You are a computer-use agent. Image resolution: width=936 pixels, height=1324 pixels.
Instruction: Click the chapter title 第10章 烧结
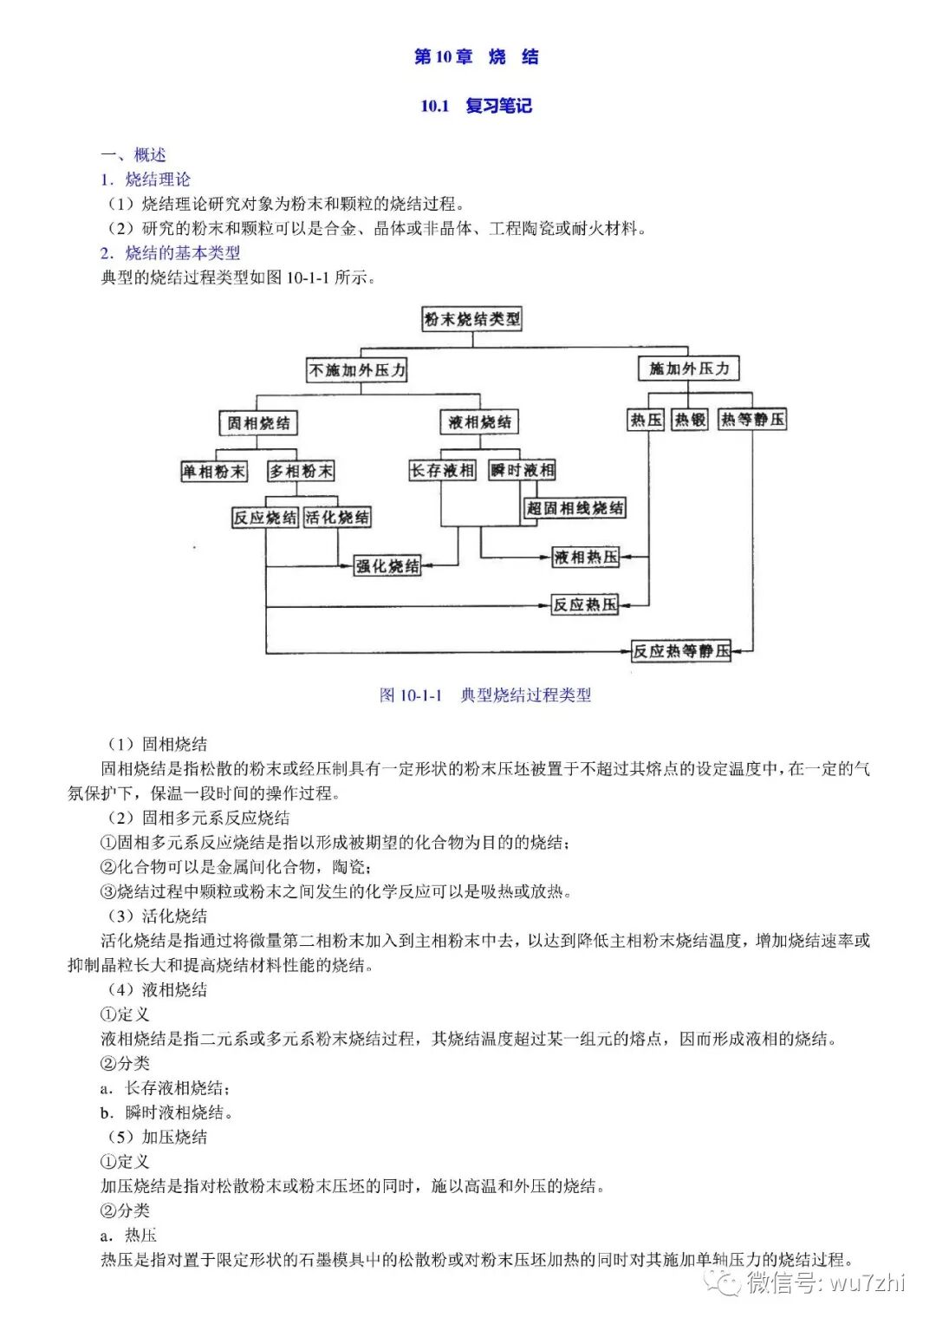point(476,57)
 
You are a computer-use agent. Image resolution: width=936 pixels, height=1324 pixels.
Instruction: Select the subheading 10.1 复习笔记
point(476,107)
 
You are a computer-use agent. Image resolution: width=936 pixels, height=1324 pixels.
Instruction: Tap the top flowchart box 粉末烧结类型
point(472,319)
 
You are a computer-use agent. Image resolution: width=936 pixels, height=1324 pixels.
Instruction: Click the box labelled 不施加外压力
point(357,370)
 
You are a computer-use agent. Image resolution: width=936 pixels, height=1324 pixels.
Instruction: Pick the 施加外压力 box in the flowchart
point(689,369)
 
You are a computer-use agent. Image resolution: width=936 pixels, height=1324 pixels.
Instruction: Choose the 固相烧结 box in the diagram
point(258,423)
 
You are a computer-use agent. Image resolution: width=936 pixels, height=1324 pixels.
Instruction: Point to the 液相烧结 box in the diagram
point(479,422)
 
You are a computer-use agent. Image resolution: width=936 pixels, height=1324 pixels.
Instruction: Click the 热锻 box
point(691,421)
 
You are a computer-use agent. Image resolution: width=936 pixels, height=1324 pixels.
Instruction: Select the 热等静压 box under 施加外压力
point(752,421)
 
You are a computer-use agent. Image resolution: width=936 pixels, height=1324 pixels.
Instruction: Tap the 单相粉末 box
point(213,472)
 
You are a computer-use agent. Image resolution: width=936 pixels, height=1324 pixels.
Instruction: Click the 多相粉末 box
point(301,472)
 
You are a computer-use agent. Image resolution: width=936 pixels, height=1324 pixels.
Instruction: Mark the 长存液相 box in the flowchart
point(442,471)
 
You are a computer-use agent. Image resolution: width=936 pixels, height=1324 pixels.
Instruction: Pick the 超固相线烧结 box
point(575,508)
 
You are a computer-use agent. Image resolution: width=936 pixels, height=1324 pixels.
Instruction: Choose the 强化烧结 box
point(387,567)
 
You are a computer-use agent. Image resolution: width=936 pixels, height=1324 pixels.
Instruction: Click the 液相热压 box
point(586,558)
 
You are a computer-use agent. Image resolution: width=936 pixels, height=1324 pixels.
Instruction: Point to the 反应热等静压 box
point(681,651)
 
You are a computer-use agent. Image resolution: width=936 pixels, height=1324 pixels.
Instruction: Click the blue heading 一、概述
point(133,155)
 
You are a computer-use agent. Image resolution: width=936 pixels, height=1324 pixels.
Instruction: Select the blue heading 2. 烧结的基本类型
point(170,253)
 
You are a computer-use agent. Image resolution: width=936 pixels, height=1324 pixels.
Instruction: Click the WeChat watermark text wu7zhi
point(866,1282)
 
